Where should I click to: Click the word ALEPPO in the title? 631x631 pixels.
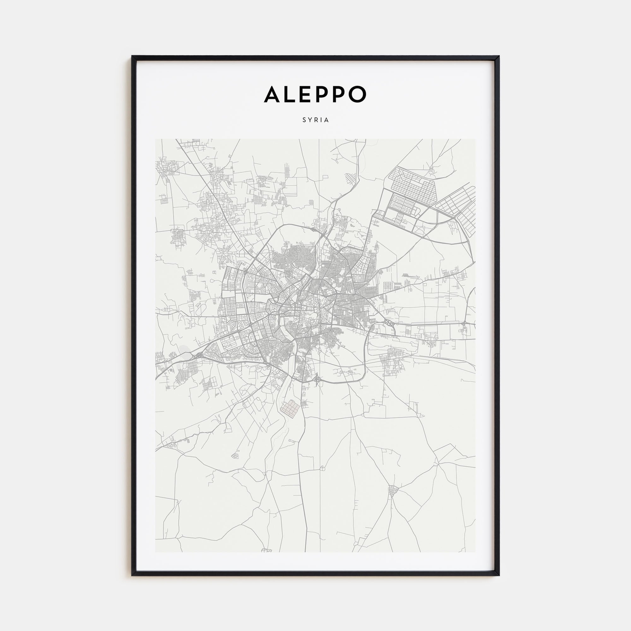(315, 94)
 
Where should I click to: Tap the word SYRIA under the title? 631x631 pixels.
(315, 120)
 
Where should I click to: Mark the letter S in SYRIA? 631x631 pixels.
(304, 120)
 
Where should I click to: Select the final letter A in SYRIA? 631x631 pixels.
(327, 120)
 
